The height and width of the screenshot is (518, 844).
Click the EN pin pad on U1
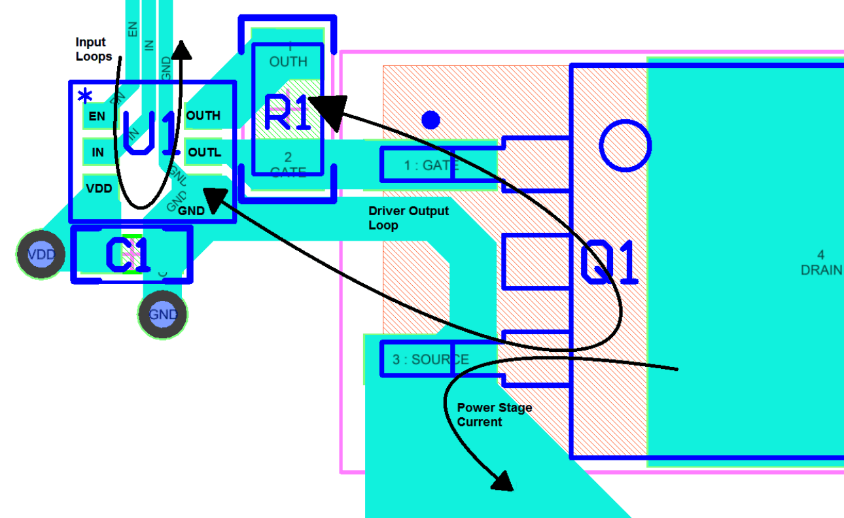[97, 117]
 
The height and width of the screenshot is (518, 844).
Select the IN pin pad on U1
[97, 153]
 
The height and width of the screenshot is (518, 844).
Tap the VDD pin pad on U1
[99, 189]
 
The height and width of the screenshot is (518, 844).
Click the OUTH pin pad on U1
[203, 116]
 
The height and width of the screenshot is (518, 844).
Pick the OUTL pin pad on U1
[205, 153]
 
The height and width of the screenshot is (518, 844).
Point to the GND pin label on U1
[191, 211]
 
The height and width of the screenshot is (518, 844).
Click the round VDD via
[43, 254]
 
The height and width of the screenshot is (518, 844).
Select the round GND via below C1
[163, 315]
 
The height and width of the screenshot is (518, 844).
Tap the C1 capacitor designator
[129, 255]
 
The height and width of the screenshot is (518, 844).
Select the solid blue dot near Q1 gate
[431, 120]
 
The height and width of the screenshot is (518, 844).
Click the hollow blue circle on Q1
[625, 145]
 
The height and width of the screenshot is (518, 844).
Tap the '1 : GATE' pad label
[431, 165]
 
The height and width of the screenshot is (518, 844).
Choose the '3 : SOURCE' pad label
[431, 360]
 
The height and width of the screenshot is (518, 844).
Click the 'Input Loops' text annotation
[94, 49]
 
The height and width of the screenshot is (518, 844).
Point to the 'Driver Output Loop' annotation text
[408, 218]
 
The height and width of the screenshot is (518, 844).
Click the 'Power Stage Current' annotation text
[494, 415]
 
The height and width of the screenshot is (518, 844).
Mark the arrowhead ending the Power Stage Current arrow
[502, 482]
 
